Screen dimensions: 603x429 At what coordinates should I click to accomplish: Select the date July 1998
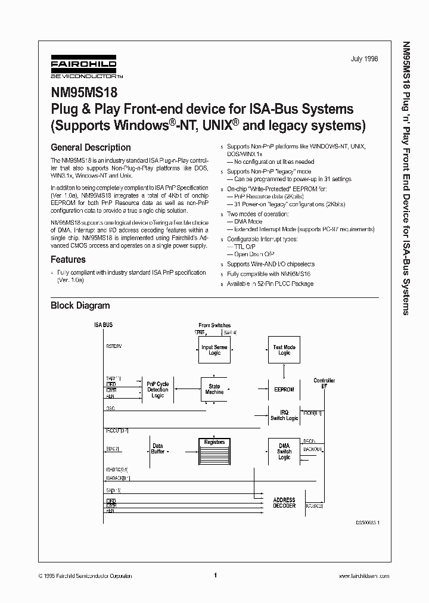click(365, 60)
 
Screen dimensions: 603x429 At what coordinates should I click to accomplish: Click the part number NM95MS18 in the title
click(84, 92)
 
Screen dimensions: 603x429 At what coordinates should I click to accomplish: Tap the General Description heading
click(91, 147)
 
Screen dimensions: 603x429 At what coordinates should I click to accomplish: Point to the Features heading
click(68, 259)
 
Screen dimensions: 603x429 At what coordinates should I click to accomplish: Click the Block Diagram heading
click(80, 305)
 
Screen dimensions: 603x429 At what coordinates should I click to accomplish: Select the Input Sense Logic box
click(214, 350)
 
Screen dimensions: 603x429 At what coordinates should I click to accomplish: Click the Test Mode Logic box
click(284, 350)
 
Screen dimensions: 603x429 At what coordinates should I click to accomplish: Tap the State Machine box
click(214, 389)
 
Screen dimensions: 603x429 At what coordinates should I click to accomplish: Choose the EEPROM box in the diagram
click(284, 389)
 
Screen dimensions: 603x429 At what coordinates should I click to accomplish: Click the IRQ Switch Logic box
click(284, 415)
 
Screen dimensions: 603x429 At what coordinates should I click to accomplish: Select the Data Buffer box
click(157, 448)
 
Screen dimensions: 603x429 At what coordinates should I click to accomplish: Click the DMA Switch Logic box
click(284, 451)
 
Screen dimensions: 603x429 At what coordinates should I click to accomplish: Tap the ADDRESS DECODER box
click(284, 502)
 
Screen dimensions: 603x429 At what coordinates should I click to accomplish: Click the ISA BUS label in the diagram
click(103, 325)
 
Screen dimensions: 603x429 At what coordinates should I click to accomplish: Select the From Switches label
click(214, 325)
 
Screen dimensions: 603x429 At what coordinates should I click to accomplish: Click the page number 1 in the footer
click(214, 576)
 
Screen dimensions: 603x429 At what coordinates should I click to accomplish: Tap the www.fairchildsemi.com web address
click(363, 576)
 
